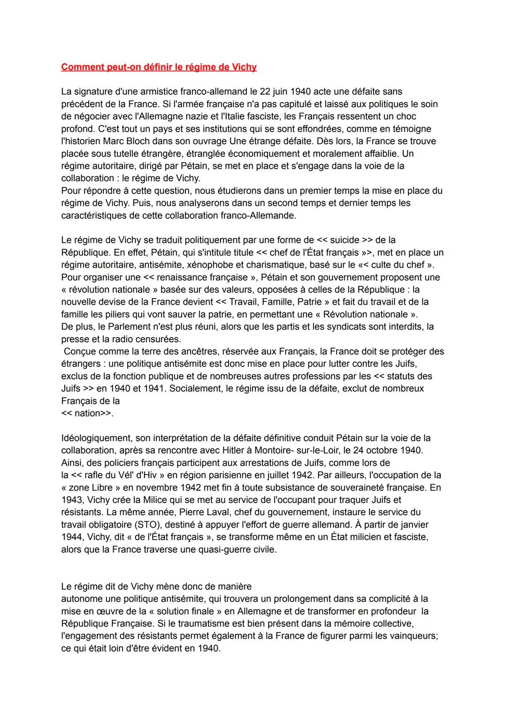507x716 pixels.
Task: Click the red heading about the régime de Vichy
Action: (x=159, y=67)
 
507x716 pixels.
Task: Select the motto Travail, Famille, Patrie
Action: (x=279, y=302)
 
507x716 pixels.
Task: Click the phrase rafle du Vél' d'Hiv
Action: (x=124, y=475)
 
